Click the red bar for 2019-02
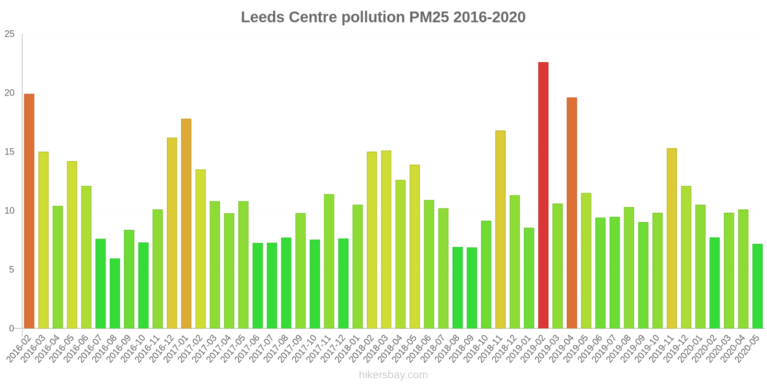543,195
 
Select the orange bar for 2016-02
29,211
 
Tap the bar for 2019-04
572,213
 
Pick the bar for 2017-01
186,224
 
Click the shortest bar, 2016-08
115,294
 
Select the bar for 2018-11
500,229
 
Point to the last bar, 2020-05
757,286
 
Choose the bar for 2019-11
672,238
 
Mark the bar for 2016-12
172,233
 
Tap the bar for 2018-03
386,240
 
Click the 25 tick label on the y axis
10,34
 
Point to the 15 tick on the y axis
10,152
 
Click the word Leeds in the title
262,17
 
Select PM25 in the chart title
429,17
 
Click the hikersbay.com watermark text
393,375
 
